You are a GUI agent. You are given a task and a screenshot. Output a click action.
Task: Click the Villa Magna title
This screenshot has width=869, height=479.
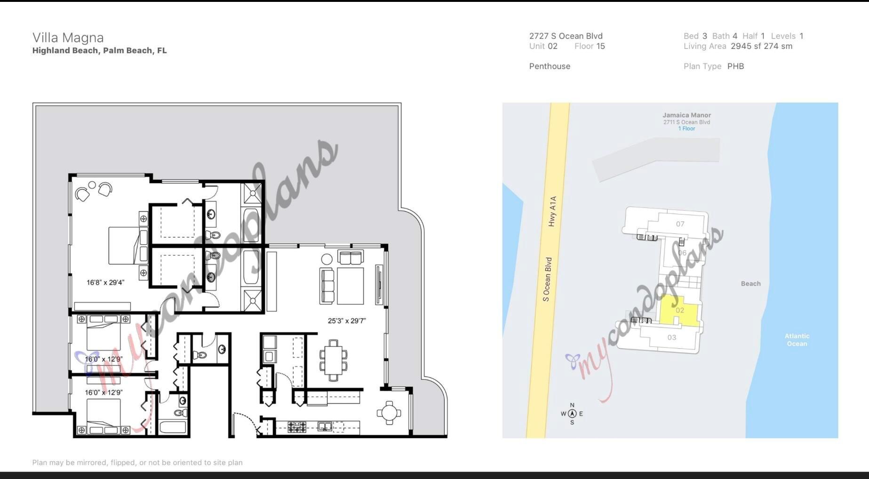pyautogui.click(x=68, y=38)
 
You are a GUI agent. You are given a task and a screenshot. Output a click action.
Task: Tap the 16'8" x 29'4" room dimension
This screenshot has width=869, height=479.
pyautogui.click(x=105, y=283)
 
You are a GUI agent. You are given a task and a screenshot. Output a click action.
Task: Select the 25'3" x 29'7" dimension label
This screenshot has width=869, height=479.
pyautogui.click(x=347, y=321)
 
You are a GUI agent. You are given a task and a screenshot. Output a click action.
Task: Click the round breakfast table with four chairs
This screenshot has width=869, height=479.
pyautogui.click(x=389, y=413)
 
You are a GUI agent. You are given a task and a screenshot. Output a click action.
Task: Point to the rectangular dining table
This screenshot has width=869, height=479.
pyautogui.click(x=334, y=360)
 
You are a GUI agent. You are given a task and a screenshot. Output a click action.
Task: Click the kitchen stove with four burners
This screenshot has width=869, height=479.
pyautogui.click(x=297, y=427)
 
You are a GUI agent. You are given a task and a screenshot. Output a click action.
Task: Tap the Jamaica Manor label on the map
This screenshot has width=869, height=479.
pyautogui.click(x=686, y=115)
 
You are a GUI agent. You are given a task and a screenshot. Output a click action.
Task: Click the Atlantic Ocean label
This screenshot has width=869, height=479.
pyautogui.click(x=797, y=340)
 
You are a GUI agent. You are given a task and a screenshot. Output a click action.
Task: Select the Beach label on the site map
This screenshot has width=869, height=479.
pyautogui.click(x=750, y=284)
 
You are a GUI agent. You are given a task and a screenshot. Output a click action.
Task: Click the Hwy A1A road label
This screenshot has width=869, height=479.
pyautogui.click(x=552, y=211)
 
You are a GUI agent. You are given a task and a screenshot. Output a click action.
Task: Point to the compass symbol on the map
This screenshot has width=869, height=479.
pyautogui.click(x=572, y=414)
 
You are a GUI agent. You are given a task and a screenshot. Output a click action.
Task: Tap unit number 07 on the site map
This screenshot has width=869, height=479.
pyautogui.click(x=680, y=224)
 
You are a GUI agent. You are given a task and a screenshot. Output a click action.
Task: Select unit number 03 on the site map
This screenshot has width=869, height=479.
pyautogui.click(x=671, y=337)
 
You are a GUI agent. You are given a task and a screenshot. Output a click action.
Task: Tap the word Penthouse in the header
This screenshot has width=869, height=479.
pyautogui.click(x=550, y=66)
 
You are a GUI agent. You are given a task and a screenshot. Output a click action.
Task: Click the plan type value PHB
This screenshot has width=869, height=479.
pyautogui.click(x=735, y=66)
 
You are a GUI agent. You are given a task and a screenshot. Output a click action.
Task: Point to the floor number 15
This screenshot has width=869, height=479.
pyautogui.click(x=600, y=46)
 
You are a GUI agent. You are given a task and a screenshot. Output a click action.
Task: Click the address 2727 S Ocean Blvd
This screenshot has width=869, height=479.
pyautogui.click(x=566, y=36)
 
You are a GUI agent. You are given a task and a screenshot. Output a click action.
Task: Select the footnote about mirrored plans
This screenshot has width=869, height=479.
pyautogui.click(x=137, y=463)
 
